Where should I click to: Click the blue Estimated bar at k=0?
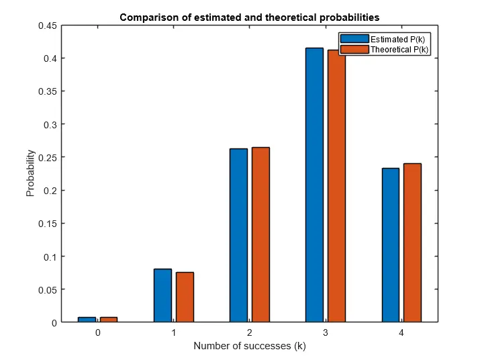pos(87,320)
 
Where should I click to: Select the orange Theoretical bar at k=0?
pos(109,320)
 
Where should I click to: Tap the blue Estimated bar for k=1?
pos(162,296)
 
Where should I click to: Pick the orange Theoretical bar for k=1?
pos(185,297)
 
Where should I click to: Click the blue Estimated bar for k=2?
pos(238,235)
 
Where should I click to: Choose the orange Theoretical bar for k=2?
pos(260,234)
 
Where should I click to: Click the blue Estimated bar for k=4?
pos(390,245)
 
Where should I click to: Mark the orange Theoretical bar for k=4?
pos(412,242)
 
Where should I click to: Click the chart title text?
pos(249,17)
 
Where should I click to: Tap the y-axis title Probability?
pos(30,173)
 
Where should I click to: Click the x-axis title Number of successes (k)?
pos(249,347)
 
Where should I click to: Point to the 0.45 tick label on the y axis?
pos(46,26)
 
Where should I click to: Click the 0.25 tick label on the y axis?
pos(46,157)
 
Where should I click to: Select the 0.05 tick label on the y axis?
pos(46,289)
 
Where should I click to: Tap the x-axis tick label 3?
pos(325,333)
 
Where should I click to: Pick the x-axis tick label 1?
pos(173,333)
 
